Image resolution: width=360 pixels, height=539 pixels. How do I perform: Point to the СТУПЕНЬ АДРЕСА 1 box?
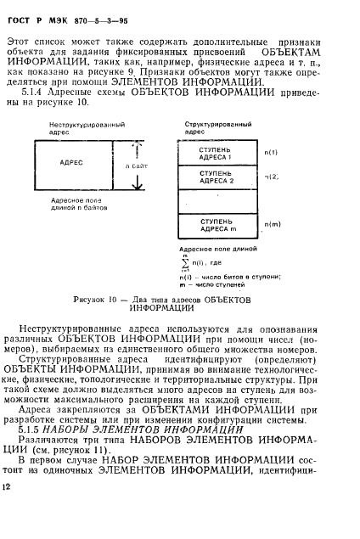(216, 154)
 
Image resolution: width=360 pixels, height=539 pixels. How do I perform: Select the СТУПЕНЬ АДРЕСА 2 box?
(216, 177)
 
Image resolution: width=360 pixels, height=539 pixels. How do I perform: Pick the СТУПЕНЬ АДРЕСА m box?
(216, 226)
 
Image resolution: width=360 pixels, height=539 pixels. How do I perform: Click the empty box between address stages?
(216, 201)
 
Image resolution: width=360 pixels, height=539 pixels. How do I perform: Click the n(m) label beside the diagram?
(272, 224)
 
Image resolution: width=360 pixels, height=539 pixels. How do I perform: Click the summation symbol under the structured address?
(187, 265)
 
